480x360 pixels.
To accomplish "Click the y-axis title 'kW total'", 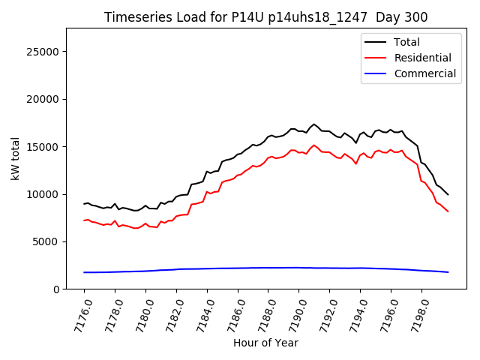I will click(16, 159).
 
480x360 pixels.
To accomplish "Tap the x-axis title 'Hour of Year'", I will click(265, 343).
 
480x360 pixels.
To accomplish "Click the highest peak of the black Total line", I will click(314, 124).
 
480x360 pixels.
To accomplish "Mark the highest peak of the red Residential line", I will click(314, 145).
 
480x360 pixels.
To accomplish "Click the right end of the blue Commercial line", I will click(448, 272).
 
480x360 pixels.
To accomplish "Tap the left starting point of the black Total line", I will click(84, 203).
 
